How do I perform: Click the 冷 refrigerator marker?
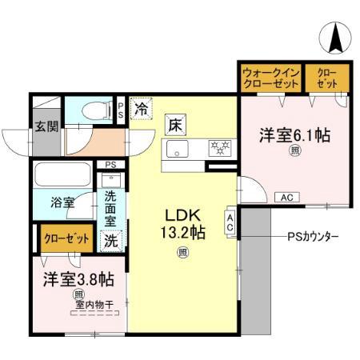142,106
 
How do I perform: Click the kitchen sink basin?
176,149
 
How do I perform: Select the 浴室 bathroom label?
62,202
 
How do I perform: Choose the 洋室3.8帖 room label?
78,279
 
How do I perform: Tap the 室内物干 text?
94,304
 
